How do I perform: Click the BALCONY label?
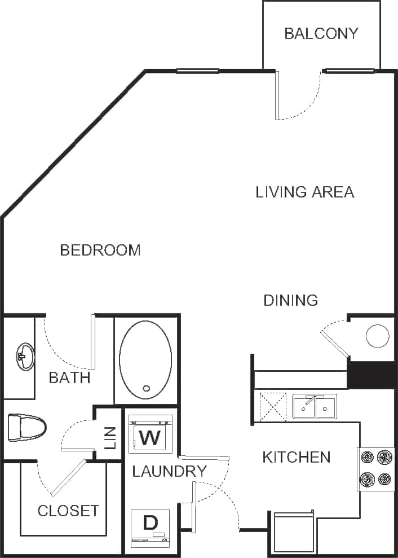[x=321, y=33]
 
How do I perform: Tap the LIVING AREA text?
[x=305, y=192]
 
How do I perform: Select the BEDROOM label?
[x=100, y=250]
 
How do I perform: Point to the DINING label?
[x=291, y=300]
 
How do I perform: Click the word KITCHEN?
[x=297, y=457]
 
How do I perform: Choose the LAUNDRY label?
[x=169, y=471]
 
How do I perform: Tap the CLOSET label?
[x=68, y=511]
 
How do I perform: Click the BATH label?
[x=69, y=377]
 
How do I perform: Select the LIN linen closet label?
[x=110, y=437]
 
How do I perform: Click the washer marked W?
[x=151, y=435]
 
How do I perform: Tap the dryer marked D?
[x=150, y=528]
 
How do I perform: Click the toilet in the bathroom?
[x=26, y=428]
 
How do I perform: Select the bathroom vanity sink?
[x=24, y=357]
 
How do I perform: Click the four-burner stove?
[x=376, y=468]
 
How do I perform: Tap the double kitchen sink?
[x=315, y=406]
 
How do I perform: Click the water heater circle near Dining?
[x=377, y=337]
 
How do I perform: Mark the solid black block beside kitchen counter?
[x=370, y=375]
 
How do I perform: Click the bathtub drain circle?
[x=147, y=388]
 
